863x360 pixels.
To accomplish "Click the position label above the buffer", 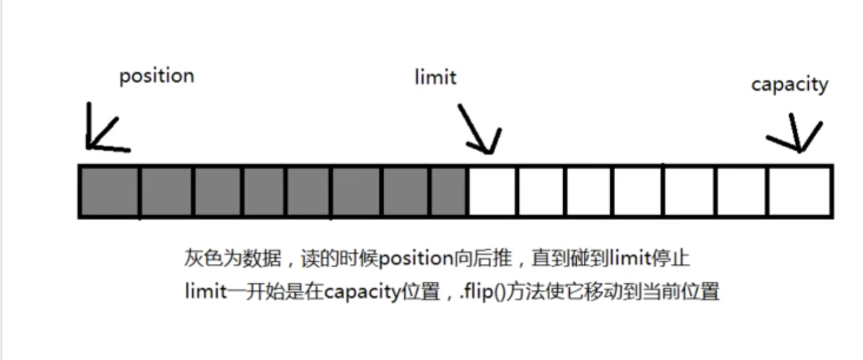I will [156, 76].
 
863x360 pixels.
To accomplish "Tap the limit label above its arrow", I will [435, 77].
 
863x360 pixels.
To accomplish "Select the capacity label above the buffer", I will [789, 84].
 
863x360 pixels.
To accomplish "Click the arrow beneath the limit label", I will [479, 130].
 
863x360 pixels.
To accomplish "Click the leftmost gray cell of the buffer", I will [109, 192].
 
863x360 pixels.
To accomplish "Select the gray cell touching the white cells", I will [449, 192].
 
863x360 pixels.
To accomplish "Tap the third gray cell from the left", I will [217, 192].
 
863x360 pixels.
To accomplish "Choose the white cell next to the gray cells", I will [492, 192].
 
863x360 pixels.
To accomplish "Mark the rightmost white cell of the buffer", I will [799, 192].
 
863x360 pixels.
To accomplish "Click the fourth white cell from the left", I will [638, 192].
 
